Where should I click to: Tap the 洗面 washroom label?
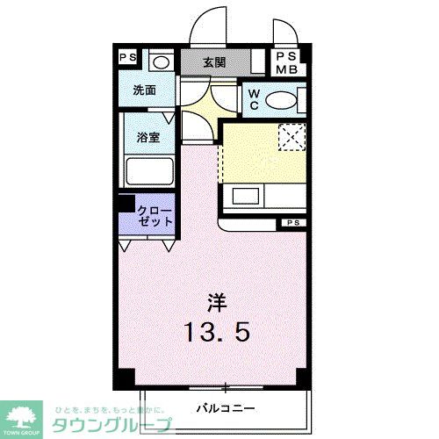pyautogui.click(x=144, y=90)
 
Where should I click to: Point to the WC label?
pyautogui.click(x=251, y=99)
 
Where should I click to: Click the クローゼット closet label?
pyautogui.click(x=155, y=216)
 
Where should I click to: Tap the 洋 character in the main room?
pyautogui.click(x=219, y=303)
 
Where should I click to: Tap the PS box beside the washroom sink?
pyautogui.click(x=128, y=59)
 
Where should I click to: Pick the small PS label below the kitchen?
pyautogui.click(x=291, y=224)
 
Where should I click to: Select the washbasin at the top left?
pyautogui.click(x=162, y=61)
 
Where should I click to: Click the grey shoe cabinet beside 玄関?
pyautogui.click(x=256, y=62)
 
